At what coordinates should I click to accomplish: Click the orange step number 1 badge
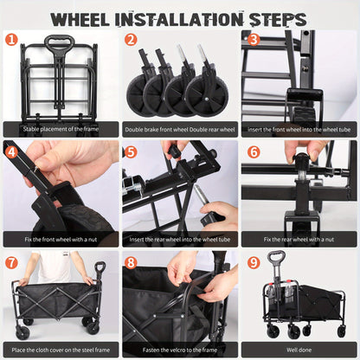tap(11, 39)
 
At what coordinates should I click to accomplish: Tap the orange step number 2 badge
tap(131, 39)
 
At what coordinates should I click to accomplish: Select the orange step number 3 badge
tap(252, 39)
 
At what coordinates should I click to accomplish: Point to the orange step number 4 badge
tap(11, 151)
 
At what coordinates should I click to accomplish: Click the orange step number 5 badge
tap(131, 151)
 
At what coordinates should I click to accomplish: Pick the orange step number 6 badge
tap(252, 151)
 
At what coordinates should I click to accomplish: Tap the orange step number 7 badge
tap(11, 262)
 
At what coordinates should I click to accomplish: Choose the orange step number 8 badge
tap(131, 262)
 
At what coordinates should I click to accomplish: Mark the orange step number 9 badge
tap(252, 262)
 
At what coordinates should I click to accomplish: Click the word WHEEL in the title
tap(87, 18)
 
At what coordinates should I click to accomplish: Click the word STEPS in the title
tap(275, 18)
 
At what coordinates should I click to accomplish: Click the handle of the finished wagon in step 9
tap(277, 258)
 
